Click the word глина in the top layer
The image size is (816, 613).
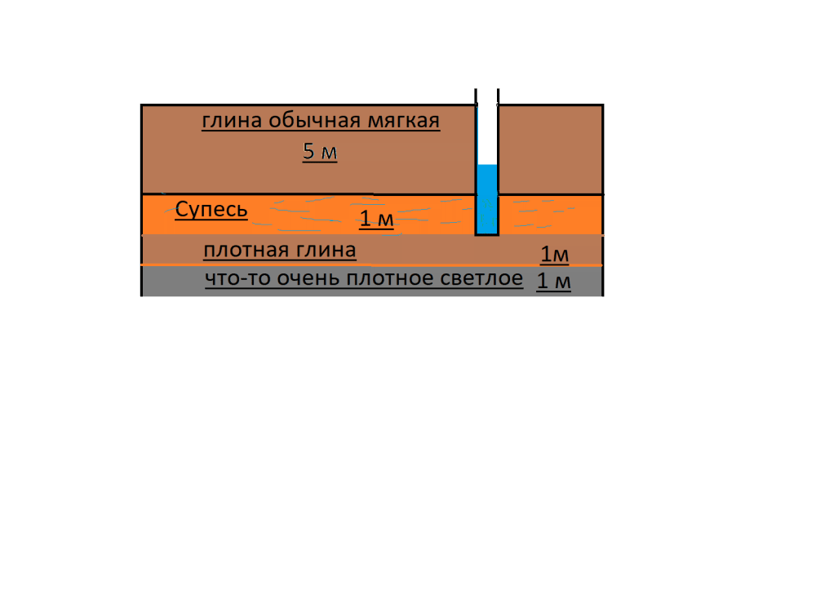click(232, 122)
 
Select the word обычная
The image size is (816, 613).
click(315, 120)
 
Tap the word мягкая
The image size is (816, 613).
click(404, 122)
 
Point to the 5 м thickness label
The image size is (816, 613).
click(320, 152)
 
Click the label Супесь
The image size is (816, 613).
click(211, 209)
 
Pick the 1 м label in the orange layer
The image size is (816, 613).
click(376, 219)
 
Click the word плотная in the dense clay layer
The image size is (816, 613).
click(246, 251)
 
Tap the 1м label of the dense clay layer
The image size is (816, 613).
click(555, 255)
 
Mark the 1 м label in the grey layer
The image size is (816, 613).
click(554, 281)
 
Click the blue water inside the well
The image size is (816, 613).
click(487, 199)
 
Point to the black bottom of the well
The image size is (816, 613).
click(487, 235)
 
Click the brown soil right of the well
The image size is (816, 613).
click(551, 150)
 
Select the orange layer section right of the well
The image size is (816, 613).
click(551, 215)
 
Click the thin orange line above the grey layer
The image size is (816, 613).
click(371, 265)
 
